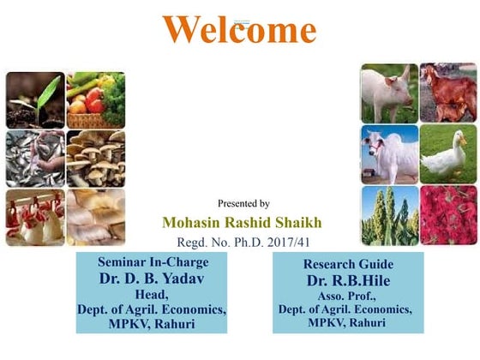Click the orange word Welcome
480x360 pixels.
pyautogui.click(x=239, y=30)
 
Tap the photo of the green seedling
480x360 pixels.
pyautogui.click(x=35, y=99)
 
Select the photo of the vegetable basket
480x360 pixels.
pyautogui.click(x=96, y=99)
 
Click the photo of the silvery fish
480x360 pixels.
pyautogui.click(x=35, y=158)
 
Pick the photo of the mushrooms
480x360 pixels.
pyautogui.click(x=96, y=158)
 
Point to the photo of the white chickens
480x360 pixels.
pyautogui.click(x=35, y=216)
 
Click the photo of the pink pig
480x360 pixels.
pyautogui.click(x=388, y=93)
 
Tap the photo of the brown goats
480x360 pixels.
pyautogui.click(x=448, y=93)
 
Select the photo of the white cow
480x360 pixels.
pyautogui.click(x=388, y=154)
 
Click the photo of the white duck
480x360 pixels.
pyautogui.click(x=448, y=154)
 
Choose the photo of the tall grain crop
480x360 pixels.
pyautogui.click(x=388, y=216)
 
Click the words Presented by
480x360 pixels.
pyautogui.click(x=243, y=203)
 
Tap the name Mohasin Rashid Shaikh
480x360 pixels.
pyautogui.click(x=243, y=223)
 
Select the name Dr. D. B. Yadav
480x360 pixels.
pyautogui.click(x=151, y=279)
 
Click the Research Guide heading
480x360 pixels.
pyautogui.click(x=349, y=265)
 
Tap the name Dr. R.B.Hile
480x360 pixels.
pyautogui.click(x=349, y=280)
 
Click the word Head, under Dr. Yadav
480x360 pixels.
pyautogui.click(x=151, y=294)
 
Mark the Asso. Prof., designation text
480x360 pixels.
pyautogui.click(x=349, y=297)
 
